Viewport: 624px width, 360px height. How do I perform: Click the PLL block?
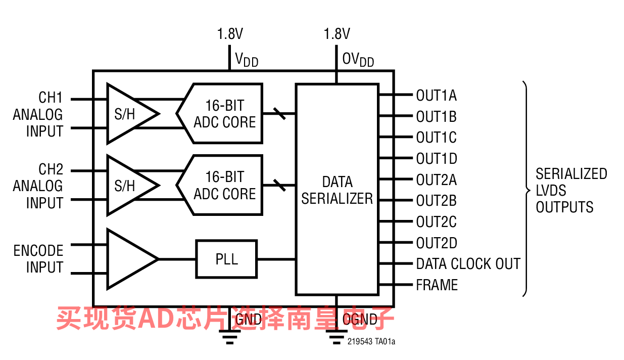point(226,259)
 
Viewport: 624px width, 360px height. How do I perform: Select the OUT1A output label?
point(436,96)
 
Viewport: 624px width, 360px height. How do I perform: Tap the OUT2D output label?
point(437,243)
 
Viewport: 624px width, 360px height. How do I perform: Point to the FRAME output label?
point(437,285)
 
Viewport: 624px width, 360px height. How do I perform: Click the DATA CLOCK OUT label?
point(468,264)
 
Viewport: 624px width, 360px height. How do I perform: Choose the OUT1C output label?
point(436,138)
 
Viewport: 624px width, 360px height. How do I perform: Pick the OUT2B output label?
point(436,201)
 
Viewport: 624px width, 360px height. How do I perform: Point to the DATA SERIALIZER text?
point(337,190)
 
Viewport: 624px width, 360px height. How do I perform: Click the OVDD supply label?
point(358,60)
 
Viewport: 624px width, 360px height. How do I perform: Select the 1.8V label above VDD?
point(230,34)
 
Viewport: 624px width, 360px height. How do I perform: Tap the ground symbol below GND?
point(229,337)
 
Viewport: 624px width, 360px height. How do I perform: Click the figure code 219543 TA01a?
point(371,341)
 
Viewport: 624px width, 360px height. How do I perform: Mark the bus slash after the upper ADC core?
point(279,113)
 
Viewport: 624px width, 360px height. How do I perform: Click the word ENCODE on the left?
point(38,250)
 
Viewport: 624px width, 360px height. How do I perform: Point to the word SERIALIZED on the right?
point(571,174)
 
